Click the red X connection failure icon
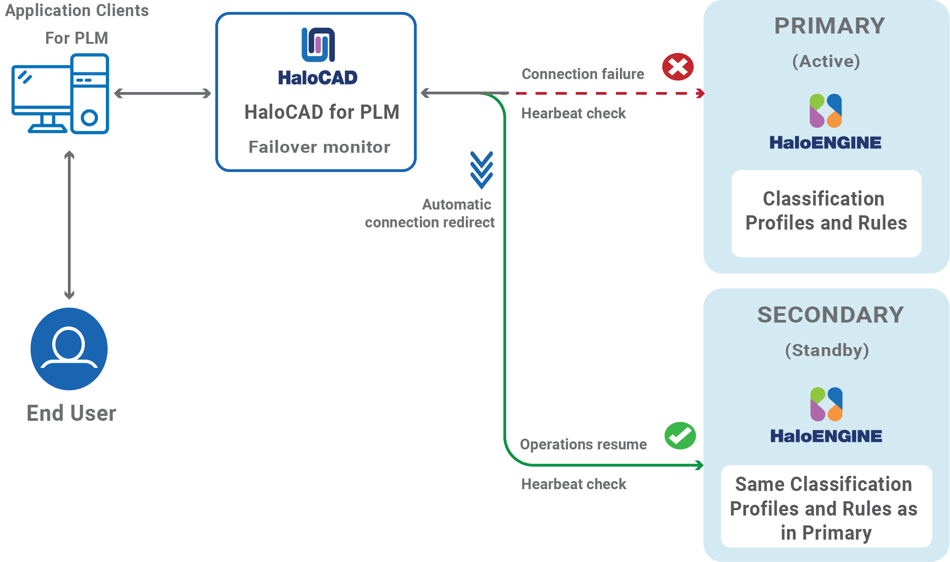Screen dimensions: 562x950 [678, 67]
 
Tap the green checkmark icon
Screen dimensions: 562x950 [680, 436]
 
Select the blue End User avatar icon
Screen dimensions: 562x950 [69, 349]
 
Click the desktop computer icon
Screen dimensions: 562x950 [60, 94]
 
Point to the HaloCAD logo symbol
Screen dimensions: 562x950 [318, 45]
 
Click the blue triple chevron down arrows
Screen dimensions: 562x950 [481, 170]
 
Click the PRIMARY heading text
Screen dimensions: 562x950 [829, 26]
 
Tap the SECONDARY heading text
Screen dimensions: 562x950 [830, 315]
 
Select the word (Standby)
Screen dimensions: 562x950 [827, 350]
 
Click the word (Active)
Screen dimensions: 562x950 [826, 61]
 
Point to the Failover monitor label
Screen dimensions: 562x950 [319, 147]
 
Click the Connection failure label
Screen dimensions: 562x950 [583, 74]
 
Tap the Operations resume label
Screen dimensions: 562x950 [583, 445]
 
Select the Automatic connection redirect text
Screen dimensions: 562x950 [430, 214]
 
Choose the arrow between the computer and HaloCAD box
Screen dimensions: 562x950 [163, 93]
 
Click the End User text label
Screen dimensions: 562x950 [71, 413]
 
